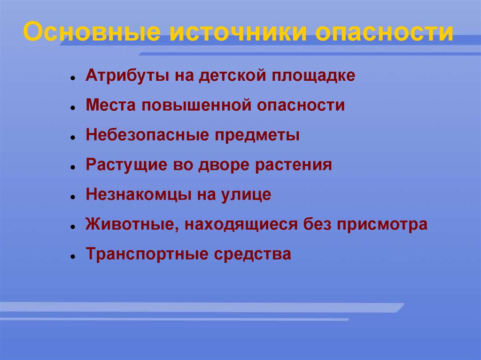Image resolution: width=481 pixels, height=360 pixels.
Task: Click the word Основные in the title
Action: pyautogui.click(x=92, y=31)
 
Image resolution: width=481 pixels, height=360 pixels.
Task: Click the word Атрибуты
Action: pyautogui.click(x=127, y=76)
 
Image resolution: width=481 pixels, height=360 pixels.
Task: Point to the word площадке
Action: pyautogui.click(x=313, y=76)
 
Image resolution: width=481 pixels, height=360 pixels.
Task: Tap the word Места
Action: pyautogui.click(x=110, y=105)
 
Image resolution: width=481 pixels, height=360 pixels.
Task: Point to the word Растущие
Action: pyautogui.click(x=126, y=165)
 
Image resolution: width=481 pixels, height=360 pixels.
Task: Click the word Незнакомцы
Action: pyautogui.click(x=138, y=195)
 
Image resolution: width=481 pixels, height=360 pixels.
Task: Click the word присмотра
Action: pyautogui.click(x=382, y=225)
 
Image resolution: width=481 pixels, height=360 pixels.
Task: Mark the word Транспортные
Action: pyautogui.click(x=147, y=254)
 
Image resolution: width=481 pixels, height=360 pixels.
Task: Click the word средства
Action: pyautogui.click(x=252, y=254)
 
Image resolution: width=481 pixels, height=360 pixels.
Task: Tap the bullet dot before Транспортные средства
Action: pyautogui.click(x=73, y=256)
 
